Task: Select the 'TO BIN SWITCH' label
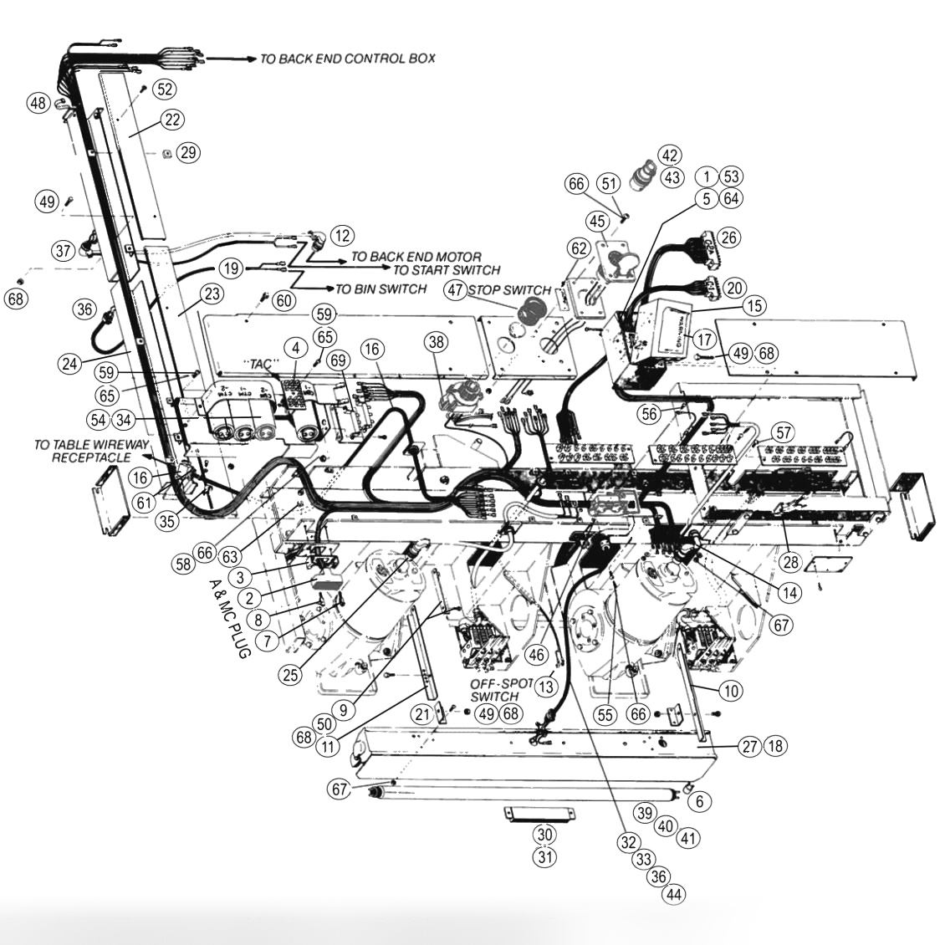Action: coord(381,289)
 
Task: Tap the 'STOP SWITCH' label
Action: coord(509,290)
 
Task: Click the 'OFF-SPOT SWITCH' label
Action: coord(500,690)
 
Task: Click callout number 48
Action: coord(37,104)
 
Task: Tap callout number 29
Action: coord(188,152)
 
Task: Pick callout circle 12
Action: coord(341,235)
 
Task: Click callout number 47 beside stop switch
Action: coord(455,290)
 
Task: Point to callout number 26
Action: coord(728,238)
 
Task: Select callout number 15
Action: coord(754,306)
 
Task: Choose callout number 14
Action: coord(789,590)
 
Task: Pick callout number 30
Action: coord(544,835)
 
